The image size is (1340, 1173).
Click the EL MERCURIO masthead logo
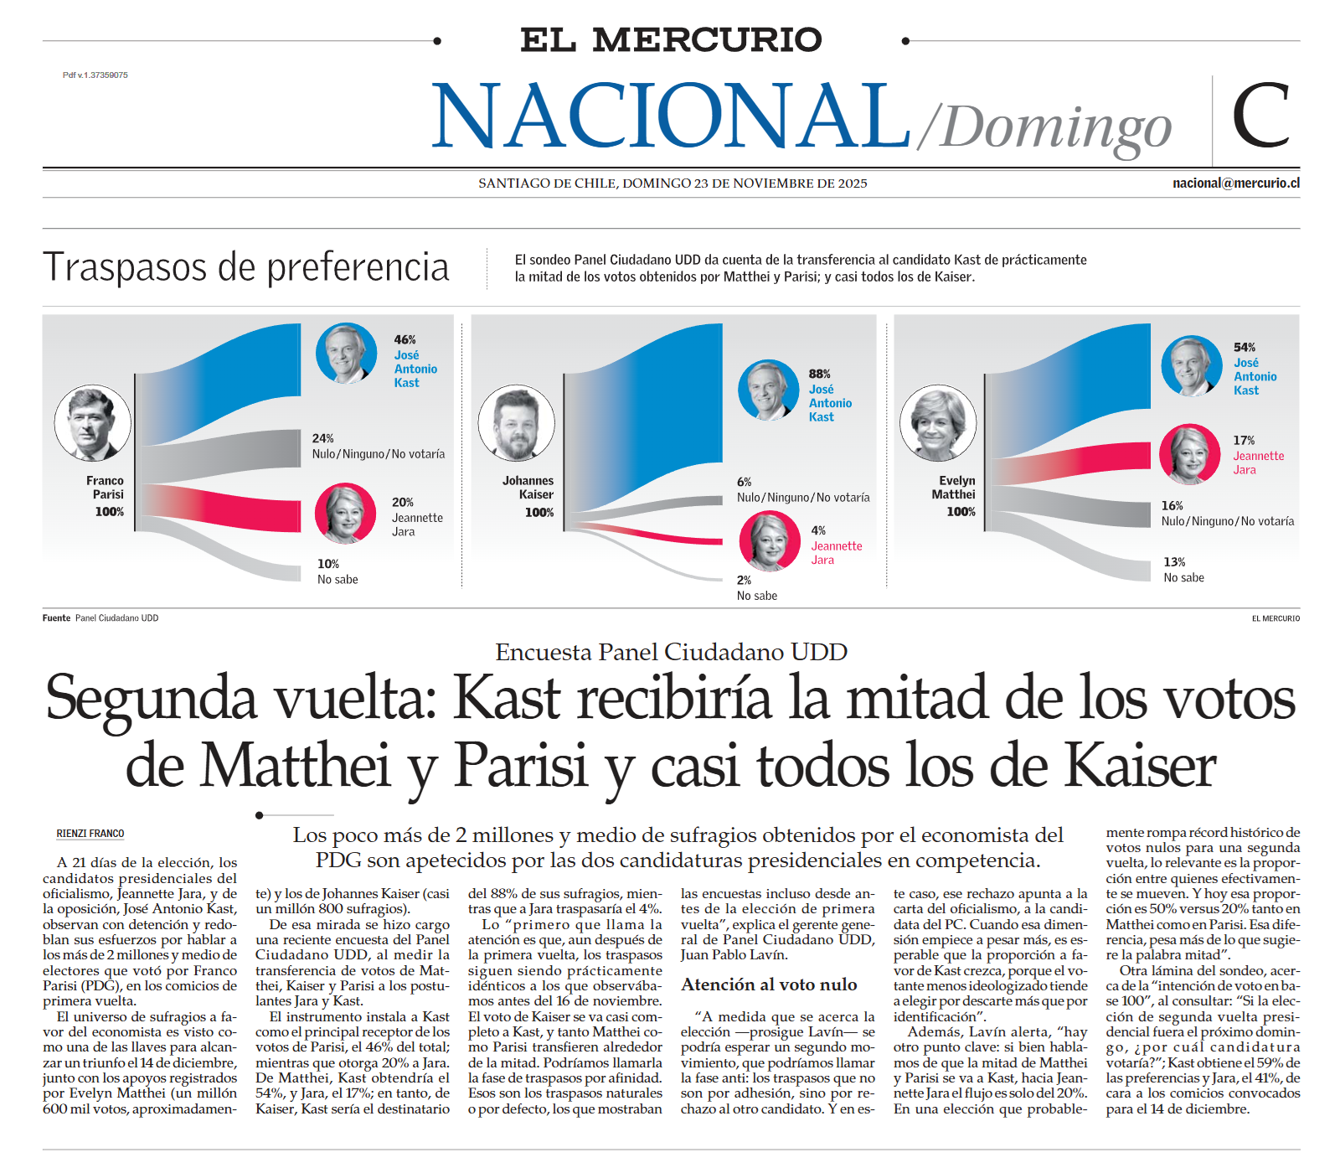coord(671,40)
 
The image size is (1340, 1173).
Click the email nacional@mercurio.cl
coord(1235,183)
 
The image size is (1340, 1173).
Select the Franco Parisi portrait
coord(93,424)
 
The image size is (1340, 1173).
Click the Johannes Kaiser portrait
coord(517,424)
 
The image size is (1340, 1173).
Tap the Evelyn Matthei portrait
coord(938,424)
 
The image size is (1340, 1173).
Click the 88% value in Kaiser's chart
coord(819,374)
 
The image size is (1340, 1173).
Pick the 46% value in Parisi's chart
coord(405,339)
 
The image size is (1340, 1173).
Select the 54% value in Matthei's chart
coord(1244,347)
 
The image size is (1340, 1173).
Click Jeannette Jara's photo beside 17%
coord(1189,454)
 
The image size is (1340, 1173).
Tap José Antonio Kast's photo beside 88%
coord(768,390)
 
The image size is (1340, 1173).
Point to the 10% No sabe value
coord(328,564)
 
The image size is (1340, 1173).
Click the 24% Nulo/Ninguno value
coord(322,438)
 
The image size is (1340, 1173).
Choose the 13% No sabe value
coord(1174,562)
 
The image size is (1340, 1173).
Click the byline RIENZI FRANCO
coord(90,834)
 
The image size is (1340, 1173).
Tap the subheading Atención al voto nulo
coord(769,984)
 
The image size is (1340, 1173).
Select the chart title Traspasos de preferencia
coord(246,267)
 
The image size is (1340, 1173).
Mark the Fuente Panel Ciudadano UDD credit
coord(100,618)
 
